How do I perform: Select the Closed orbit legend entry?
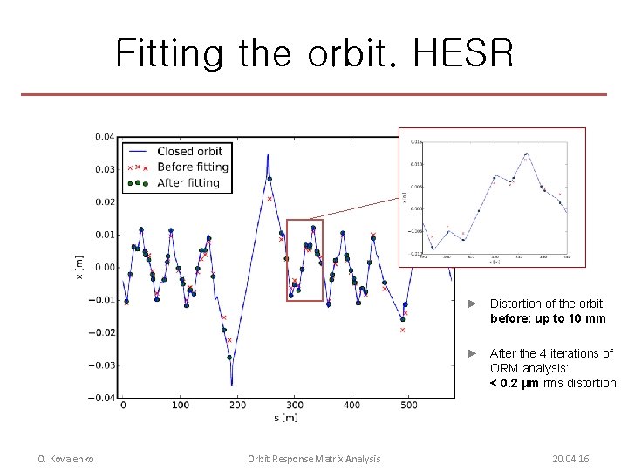(x=189, y=151)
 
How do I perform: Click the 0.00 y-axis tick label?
(x=103, y=268)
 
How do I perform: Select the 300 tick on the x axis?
(x=295, y=406)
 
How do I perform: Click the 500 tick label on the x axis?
(x=409, y=406)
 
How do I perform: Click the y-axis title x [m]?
(x=79, y=267)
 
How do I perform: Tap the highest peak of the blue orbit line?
(x=267, y=154)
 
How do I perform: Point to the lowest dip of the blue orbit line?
(x=232, y=385)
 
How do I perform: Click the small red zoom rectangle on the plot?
(x=304, y=260)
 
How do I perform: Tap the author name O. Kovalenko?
(x=65, y=459)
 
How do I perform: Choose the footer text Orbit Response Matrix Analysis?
(x=314, y=459)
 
